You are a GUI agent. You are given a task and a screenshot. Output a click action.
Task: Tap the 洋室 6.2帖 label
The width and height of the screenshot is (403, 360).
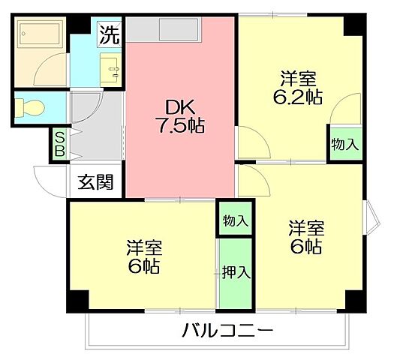[299, 88]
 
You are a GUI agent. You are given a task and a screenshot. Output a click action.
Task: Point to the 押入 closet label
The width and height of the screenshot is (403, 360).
[235, 272]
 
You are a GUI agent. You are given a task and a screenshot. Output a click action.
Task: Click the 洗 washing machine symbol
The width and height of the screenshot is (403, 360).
[110, 34]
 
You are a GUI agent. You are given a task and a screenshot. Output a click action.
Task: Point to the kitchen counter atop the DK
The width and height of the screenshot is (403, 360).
[163, 30]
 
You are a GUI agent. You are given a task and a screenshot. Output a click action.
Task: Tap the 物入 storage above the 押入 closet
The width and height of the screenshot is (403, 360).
[235, 220]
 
